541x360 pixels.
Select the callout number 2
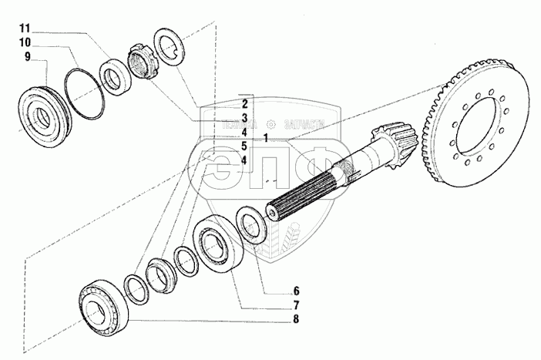pos(244,103)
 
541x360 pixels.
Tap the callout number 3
pos(244,117)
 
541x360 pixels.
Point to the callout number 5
pos(244,146)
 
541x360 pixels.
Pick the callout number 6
pos(274,291)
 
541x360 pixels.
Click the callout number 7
pos(274,304)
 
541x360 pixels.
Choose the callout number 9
pos(27,57)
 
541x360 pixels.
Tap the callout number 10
pos(25,42)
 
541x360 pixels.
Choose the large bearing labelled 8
pos(100,307)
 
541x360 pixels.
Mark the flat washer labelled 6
pos(250,224)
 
